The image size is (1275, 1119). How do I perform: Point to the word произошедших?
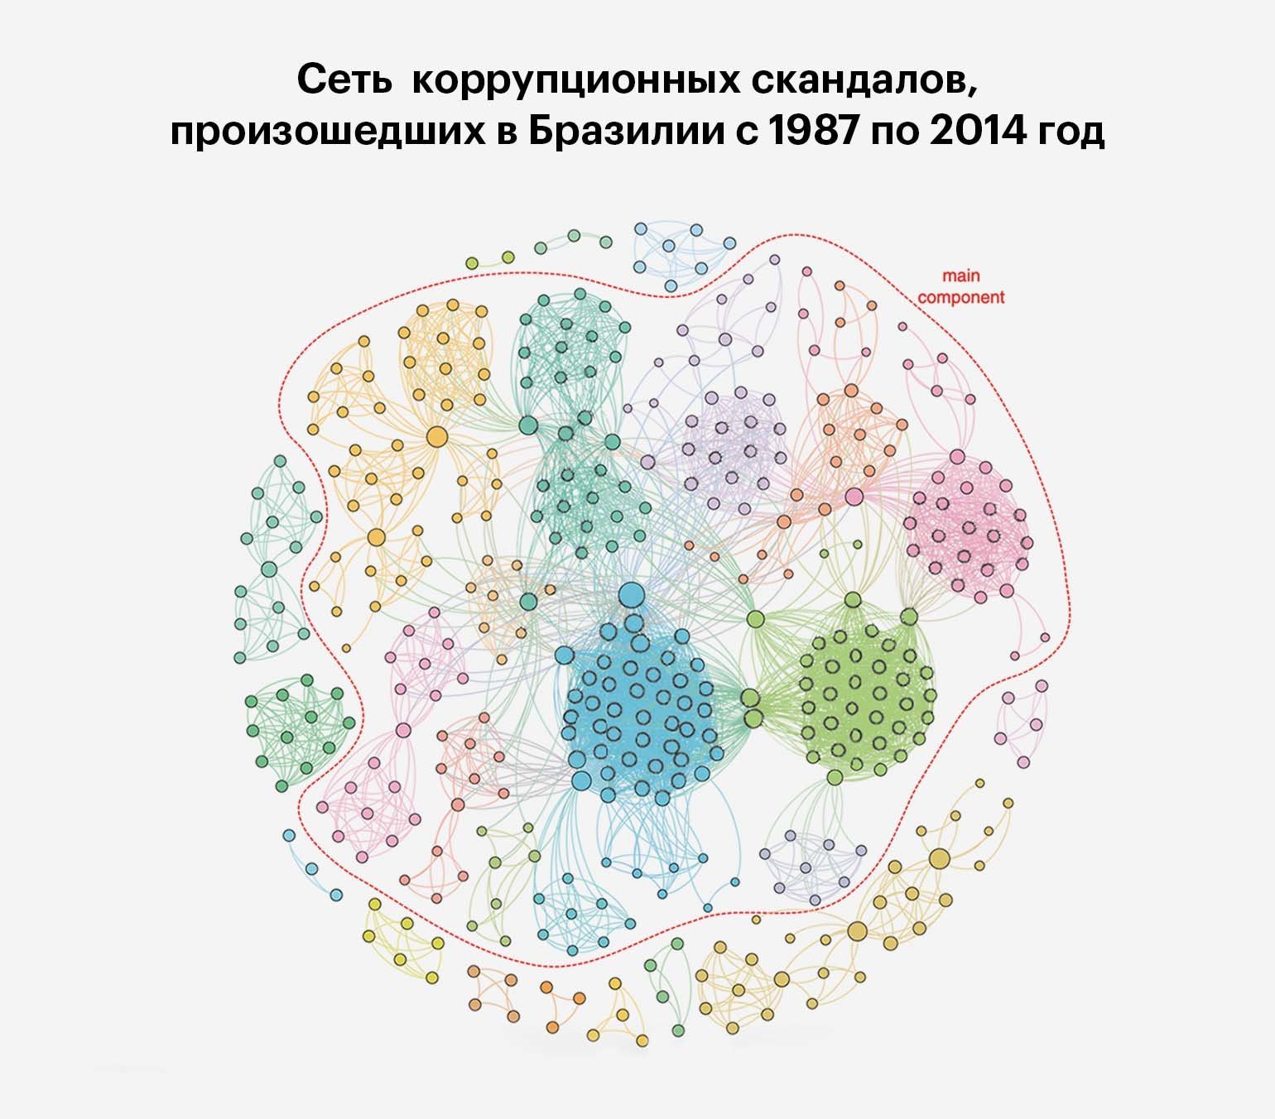point(326,132)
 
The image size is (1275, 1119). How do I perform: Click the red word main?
point(960,276)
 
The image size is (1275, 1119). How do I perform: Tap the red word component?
point(961,296)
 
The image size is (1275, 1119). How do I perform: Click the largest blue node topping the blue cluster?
point(632,593)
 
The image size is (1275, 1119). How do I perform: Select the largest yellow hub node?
point(436,436)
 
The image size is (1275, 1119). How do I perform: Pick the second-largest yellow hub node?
point(376,537)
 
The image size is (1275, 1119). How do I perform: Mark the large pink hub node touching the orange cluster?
point(854,497)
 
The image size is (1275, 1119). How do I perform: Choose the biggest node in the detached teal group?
point(269,569)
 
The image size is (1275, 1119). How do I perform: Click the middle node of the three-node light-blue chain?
point(312,869)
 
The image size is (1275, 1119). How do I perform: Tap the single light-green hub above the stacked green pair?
point(755,618)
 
